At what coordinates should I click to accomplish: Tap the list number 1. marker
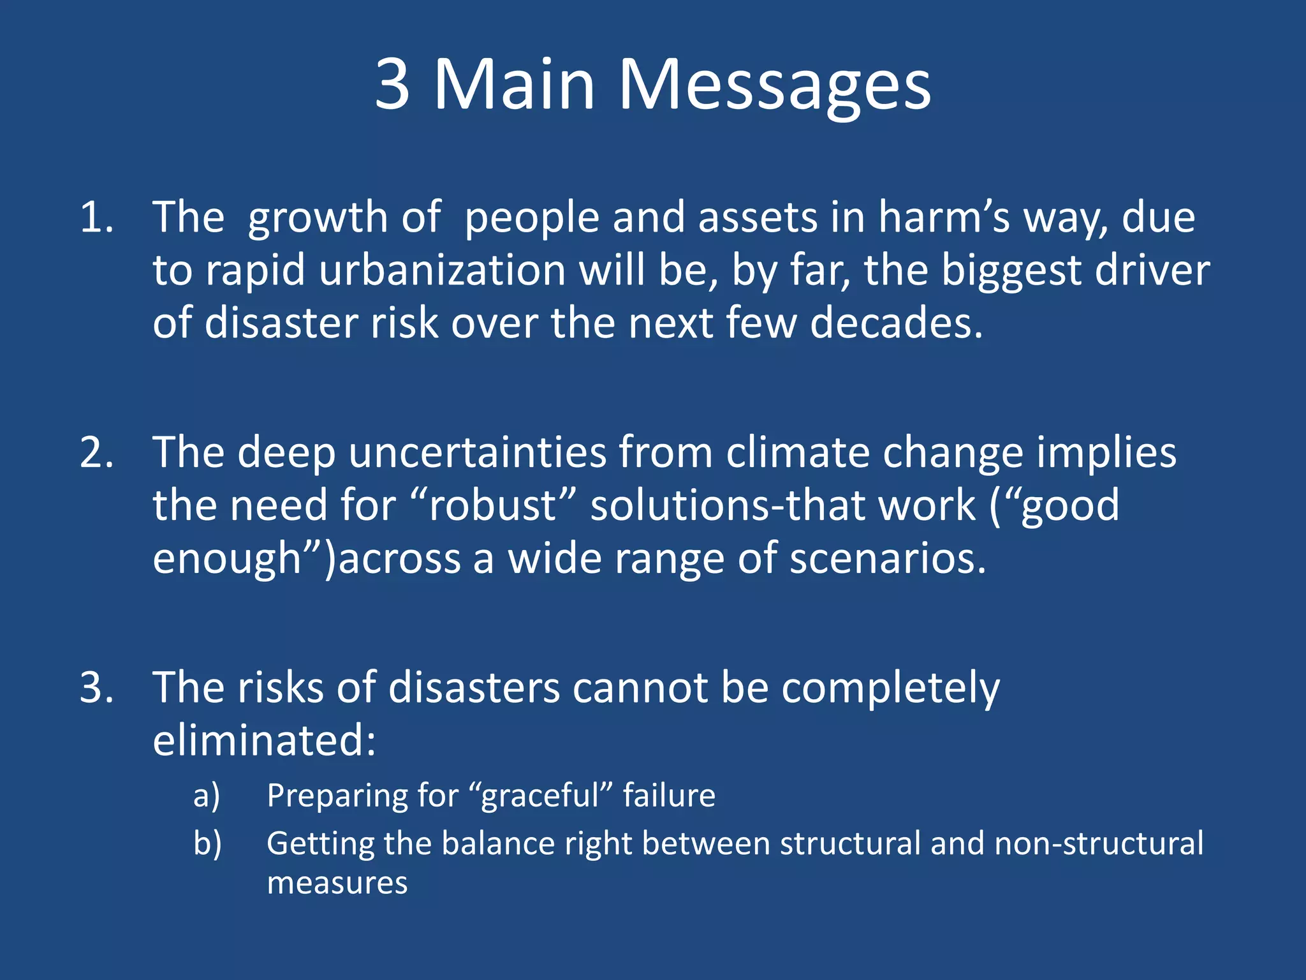click(97, 218)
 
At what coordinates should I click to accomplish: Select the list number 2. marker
click(97, 453)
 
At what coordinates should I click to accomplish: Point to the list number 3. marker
click(97, 688)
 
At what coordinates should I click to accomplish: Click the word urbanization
click(442, 271)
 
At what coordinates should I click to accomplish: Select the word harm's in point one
click(944, 218)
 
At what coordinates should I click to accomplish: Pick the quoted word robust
click(493, 506)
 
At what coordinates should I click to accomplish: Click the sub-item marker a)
click(207, 796)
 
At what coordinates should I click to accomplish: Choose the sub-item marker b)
click(207, 844)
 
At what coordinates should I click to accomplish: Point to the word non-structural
click(1099, 844)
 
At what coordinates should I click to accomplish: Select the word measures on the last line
click(337, 884)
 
